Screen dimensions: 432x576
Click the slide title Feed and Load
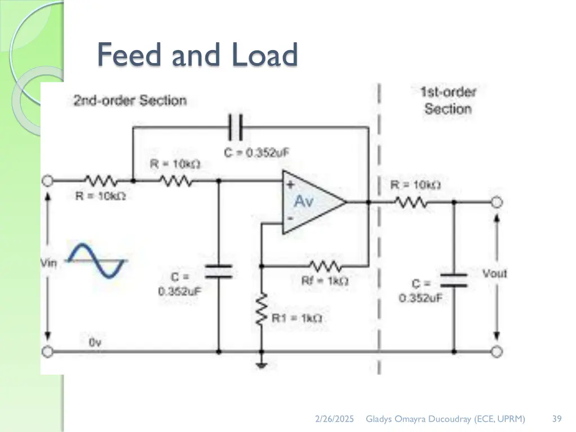(x=197, y=56)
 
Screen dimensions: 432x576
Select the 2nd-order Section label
(x=129, y=101)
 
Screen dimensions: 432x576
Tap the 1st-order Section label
(x=448, y=101)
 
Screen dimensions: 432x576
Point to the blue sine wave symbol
(x=95, y=260)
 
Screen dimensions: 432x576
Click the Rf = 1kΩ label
(x=330, y=281)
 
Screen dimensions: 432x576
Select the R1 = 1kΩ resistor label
(x=297, y=318)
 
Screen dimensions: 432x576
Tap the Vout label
(x=494, y=273)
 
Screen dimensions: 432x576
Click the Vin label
(x=49, y=263)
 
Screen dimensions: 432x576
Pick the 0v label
(x=95, y=341)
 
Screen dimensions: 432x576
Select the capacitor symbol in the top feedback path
(x=235, y=128)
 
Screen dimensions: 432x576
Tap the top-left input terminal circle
(x=47, y=181)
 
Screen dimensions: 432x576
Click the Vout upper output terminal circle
(x=496, y=202)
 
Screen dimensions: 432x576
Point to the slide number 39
(x=557, y=418)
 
